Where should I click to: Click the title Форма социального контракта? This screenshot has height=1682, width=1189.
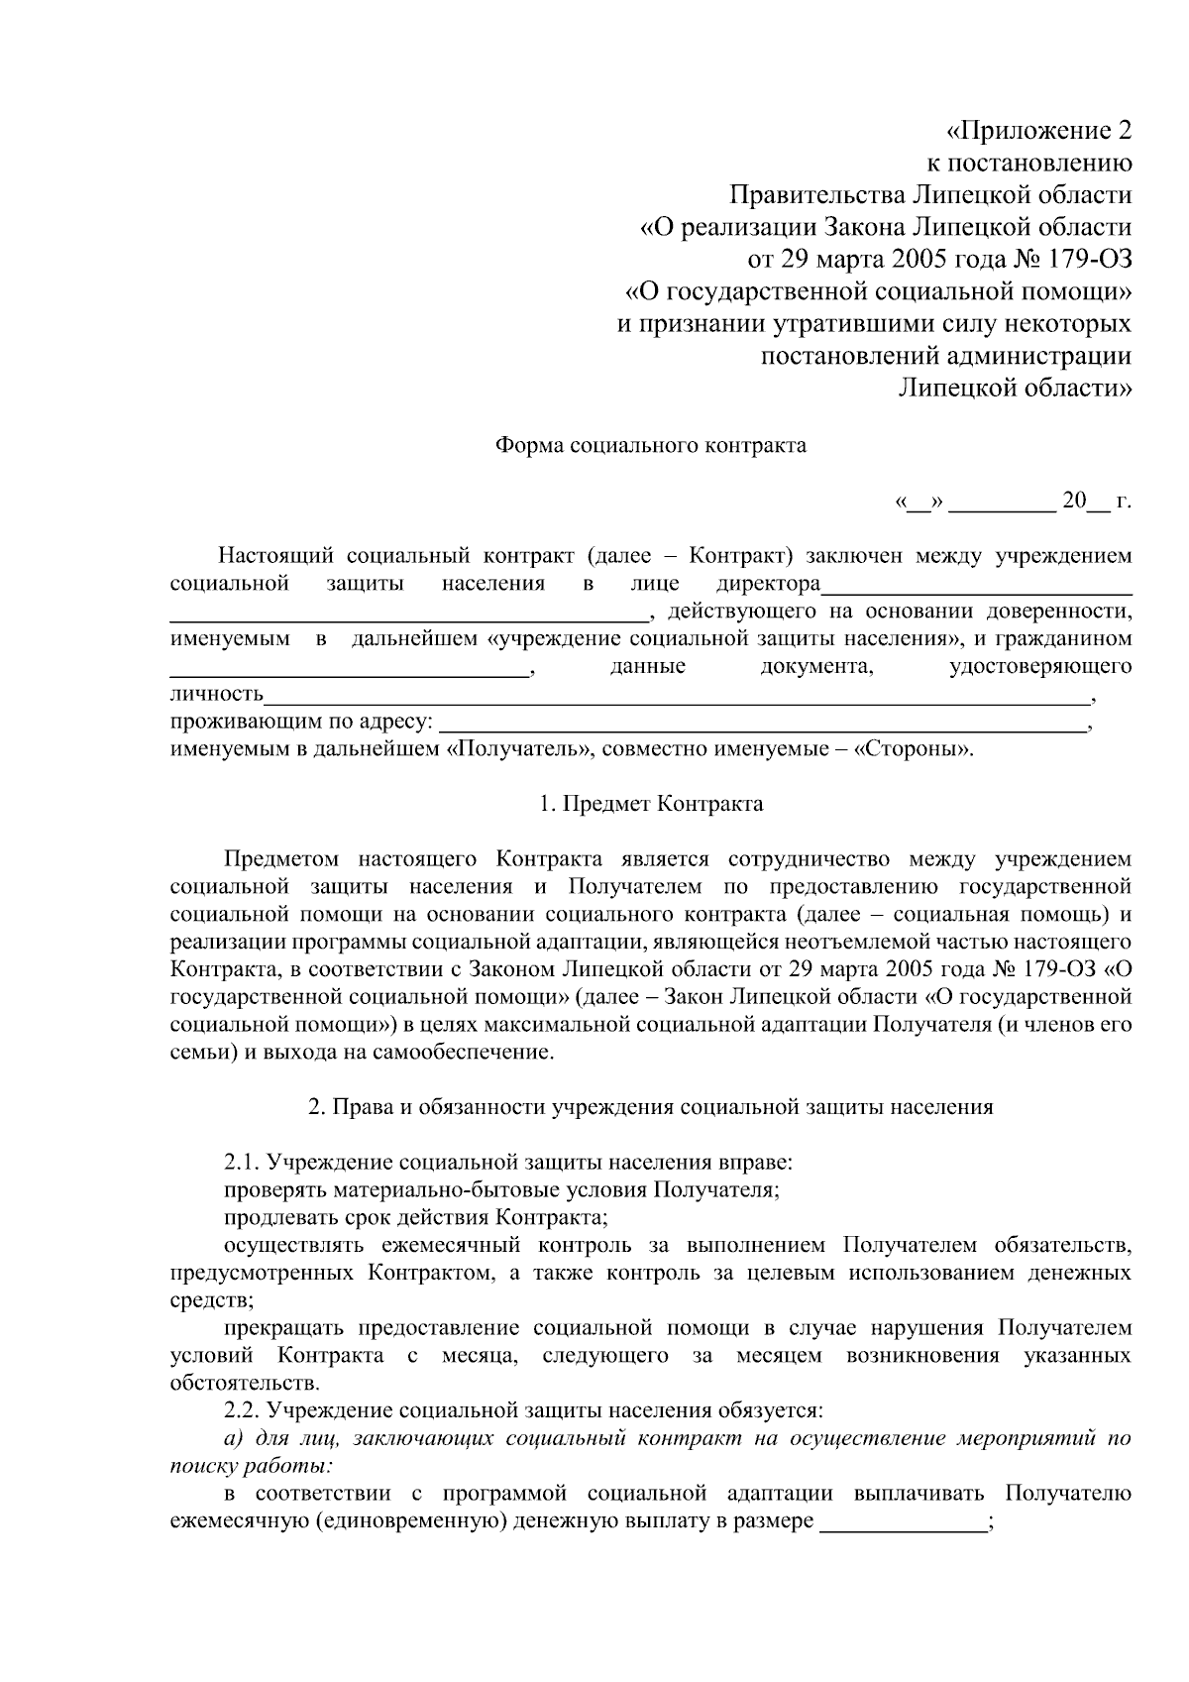(x=650, y=445)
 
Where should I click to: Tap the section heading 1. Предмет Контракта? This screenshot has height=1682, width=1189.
(x=650, y=803)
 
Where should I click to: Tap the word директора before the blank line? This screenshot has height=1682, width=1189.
(x=768, y=583)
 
